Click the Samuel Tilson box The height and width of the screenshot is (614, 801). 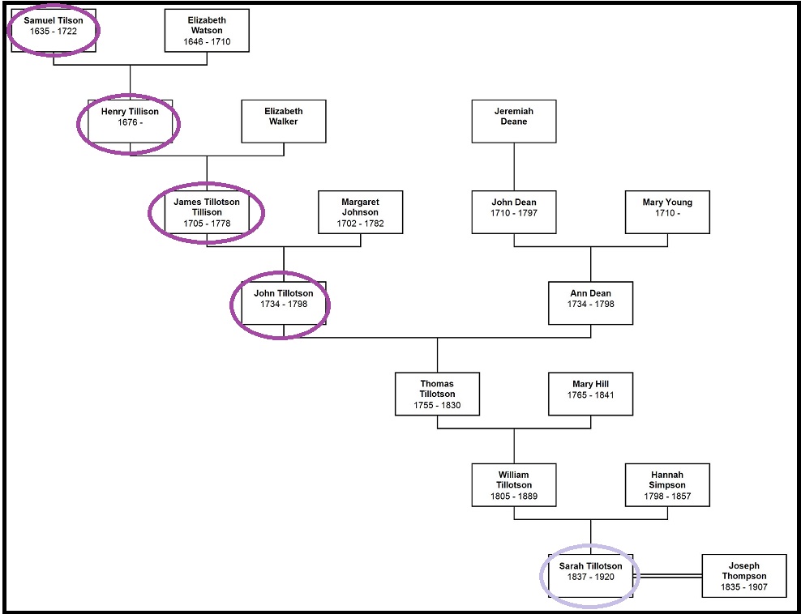[54, 31]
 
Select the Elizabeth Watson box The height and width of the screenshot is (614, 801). [207, 31]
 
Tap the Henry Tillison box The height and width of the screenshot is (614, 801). [130, 122]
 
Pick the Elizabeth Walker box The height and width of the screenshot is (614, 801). [284, 122]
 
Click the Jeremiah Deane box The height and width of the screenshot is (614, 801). [514, 122]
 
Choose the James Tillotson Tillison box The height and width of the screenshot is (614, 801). [207, 212]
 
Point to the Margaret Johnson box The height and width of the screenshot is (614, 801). [361, 212]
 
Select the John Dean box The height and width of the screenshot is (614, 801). [514, 212]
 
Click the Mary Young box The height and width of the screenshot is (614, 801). [667, 212]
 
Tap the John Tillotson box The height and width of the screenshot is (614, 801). [284, 303]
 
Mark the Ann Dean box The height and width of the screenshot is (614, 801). [590, 303]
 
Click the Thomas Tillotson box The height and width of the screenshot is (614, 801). [437, 394]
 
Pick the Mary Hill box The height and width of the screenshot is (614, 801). [590, 394]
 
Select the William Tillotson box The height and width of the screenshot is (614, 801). [514, 484]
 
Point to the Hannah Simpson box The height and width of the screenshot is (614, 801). [667, 484]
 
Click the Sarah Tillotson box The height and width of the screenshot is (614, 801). [590, 575]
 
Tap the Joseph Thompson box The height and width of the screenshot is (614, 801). [744, 575]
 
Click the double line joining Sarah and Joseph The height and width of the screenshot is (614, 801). [667, 576]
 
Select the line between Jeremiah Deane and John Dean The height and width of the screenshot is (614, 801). [514, 166]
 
